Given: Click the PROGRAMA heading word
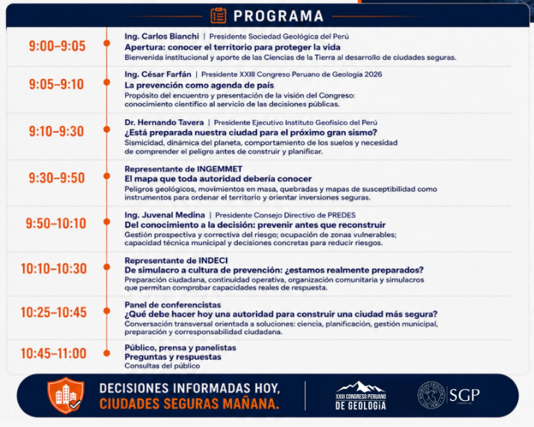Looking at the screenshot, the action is [278, 16].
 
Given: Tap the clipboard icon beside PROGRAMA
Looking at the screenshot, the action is [219, 16].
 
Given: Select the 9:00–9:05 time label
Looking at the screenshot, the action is [57, 46].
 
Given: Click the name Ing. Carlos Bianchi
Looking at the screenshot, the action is [162, 37].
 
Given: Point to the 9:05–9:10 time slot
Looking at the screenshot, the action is [57, 84].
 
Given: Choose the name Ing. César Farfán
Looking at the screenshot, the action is [158, 75].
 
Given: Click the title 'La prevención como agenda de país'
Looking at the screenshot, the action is [199, 85].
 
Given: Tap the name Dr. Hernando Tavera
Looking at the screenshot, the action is [164, 122].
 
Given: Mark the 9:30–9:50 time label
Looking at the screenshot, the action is [57, 177].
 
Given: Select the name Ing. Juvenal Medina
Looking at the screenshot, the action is [165, 215].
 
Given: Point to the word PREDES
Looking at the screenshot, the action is [342, 215].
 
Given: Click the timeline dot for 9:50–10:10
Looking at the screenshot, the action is [107, 222].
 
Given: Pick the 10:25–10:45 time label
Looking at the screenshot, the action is [54, 312].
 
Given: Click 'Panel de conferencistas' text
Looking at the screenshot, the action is [173, 305].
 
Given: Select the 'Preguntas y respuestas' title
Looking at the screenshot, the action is [173, 357].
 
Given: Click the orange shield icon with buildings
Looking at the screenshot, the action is [66, 395].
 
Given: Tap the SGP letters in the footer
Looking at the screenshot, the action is [465, 395].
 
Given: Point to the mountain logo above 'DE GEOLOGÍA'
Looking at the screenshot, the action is [361, 388].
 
